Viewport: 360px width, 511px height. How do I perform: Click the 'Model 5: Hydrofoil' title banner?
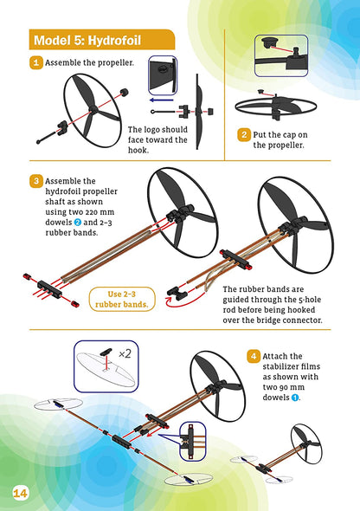pos(102,40)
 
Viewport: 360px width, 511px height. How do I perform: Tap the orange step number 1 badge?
pos(36,62)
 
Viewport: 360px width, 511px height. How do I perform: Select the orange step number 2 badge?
pos(244,135)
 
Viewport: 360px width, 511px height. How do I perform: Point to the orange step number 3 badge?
pos(36,181)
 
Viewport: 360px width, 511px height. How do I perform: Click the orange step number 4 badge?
pos(254,356)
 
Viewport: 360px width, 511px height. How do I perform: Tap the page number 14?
pos(20,493)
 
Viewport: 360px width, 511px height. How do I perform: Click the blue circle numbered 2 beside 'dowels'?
pos(78,223)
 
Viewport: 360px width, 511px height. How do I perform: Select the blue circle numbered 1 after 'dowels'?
pos(295,398)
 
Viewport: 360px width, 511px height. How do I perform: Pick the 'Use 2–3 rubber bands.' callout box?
pos(122,299)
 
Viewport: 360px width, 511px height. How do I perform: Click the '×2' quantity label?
pos(125,353)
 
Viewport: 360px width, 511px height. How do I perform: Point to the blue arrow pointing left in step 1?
pos(161,100)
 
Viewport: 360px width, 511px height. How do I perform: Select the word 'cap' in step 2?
pos(287,135)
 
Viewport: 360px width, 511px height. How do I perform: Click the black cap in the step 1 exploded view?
pos(125,93)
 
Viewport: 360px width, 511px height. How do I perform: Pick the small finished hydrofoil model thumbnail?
pos(277,455)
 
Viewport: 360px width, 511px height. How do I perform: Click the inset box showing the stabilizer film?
pos(106,366)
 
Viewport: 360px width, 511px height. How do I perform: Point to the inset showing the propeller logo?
pos(163,75)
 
